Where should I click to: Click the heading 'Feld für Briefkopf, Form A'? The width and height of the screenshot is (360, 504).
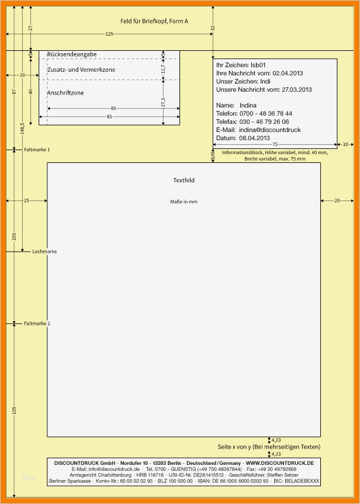[x=154, y=21]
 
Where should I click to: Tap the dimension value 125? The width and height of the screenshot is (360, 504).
[x=109, y=34]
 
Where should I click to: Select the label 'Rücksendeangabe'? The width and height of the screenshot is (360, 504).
[x=72, y=54]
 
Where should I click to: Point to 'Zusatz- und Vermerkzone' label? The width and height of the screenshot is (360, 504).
[x=81, y=69]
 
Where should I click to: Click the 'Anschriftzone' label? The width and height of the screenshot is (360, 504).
[x=65, y=93]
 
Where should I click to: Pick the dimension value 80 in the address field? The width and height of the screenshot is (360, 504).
[x=113, y=108]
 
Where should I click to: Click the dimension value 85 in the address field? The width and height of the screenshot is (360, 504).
[x=109, y=117]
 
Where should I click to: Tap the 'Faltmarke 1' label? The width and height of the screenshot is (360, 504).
[x=37, y=150]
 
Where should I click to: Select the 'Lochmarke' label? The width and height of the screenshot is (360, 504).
[x=45, y=251]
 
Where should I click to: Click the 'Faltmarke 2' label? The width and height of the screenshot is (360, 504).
[x=37, y=324]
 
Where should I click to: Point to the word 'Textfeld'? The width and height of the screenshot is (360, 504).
[x=184, y=180]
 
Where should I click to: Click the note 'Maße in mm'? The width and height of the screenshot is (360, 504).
[x=184, y=201]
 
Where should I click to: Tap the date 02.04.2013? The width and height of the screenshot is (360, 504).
[x=288, y=73]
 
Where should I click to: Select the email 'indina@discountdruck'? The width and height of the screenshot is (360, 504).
[x=270, y=130]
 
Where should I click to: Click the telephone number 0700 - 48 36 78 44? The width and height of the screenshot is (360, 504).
[x=266, y=113]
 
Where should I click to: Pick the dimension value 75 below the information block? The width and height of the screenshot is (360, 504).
[x=275, y=145]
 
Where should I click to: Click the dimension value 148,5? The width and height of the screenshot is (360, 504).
[x=22, y=128]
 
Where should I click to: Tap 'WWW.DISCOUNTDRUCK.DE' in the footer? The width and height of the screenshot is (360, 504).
[x=279, y=463]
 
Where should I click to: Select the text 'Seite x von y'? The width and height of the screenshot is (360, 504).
[x=234, y=447]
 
